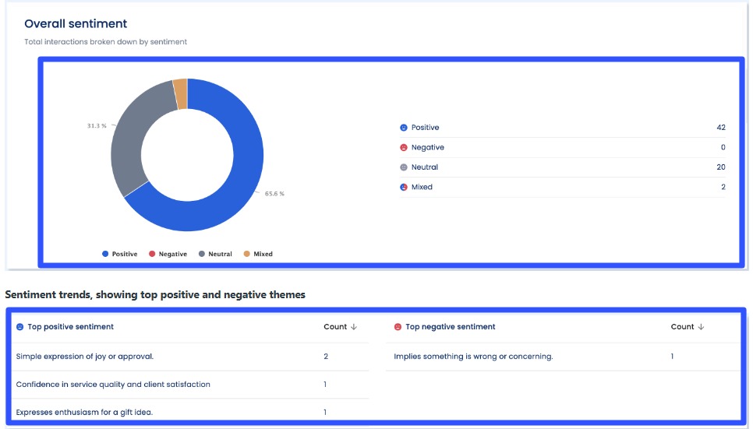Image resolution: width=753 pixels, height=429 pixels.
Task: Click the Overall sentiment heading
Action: pos(76,24)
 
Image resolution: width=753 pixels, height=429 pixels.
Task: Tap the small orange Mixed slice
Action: pos(180,93)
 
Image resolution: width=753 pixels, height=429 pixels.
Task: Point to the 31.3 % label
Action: pos(97,125)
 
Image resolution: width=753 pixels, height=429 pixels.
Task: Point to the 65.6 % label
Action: pos(274,193)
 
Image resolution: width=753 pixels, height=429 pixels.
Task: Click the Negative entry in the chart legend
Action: pos(168,254)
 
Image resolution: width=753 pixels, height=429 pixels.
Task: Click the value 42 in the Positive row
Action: pos(720,128)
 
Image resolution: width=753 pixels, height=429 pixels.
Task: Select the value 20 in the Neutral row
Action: pos(720,167)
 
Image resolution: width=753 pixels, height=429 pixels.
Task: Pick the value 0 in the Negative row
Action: pos(723,147)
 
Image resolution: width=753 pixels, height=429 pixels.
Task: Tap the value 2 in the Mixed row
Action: pos(723,187)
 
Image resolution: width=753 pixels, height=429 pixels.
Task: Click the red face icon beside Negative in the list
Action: pos(404,147)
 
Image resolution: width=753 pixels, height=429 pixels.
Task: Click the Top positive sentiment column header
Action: pos(70,327)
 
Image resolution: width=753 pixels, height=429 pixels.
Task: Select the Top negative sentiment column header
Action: pos(450,327)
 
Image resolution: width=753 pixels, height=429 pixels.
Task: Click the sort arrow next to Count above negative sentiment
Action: pos(701,327)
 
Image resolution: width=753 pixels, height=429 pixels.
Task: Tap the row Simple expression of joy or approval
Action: pos(85,356)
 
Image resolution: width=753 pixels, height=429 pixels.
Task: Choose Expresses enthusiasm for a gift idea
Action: pos(84,412)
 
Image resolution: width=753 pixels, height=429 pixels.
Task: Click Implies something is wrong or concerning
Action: pos(473,356)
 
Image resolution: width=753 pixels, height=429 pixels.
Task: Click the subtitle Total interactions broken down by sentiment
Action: pos(105,42)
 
